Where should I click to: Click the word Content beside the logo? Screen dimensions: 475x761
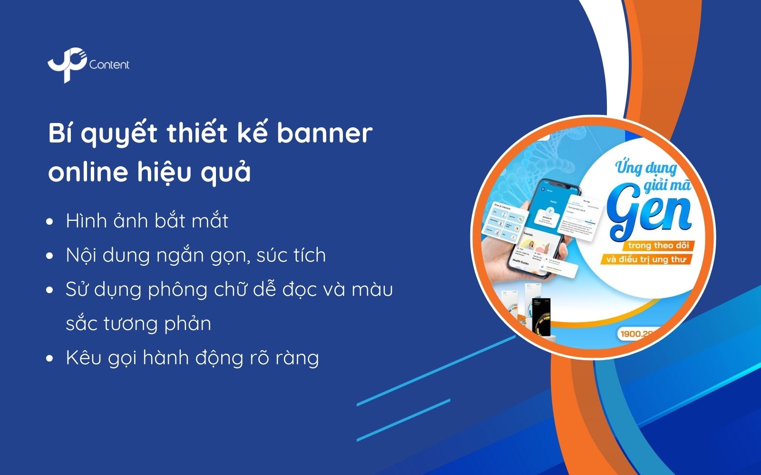pos(109,65)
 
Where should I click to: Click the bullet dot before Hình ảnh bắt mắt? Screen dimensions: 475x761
pos(50,222)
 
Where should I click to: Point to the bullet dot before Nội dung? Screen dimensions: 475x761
pos(50,256)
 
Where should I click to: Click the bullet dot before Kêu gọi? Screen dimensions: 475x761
pos(50,359)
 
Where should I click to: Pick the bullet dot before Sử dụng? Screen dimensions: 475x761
pos(50,290)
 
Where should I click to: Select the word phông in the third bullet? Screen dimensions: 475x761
pos(177,290)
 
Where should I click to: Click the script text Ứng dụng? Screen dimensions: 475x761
pos(646,168)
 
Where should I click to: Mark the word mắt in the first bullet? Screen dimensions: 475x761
pos(210,221)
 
